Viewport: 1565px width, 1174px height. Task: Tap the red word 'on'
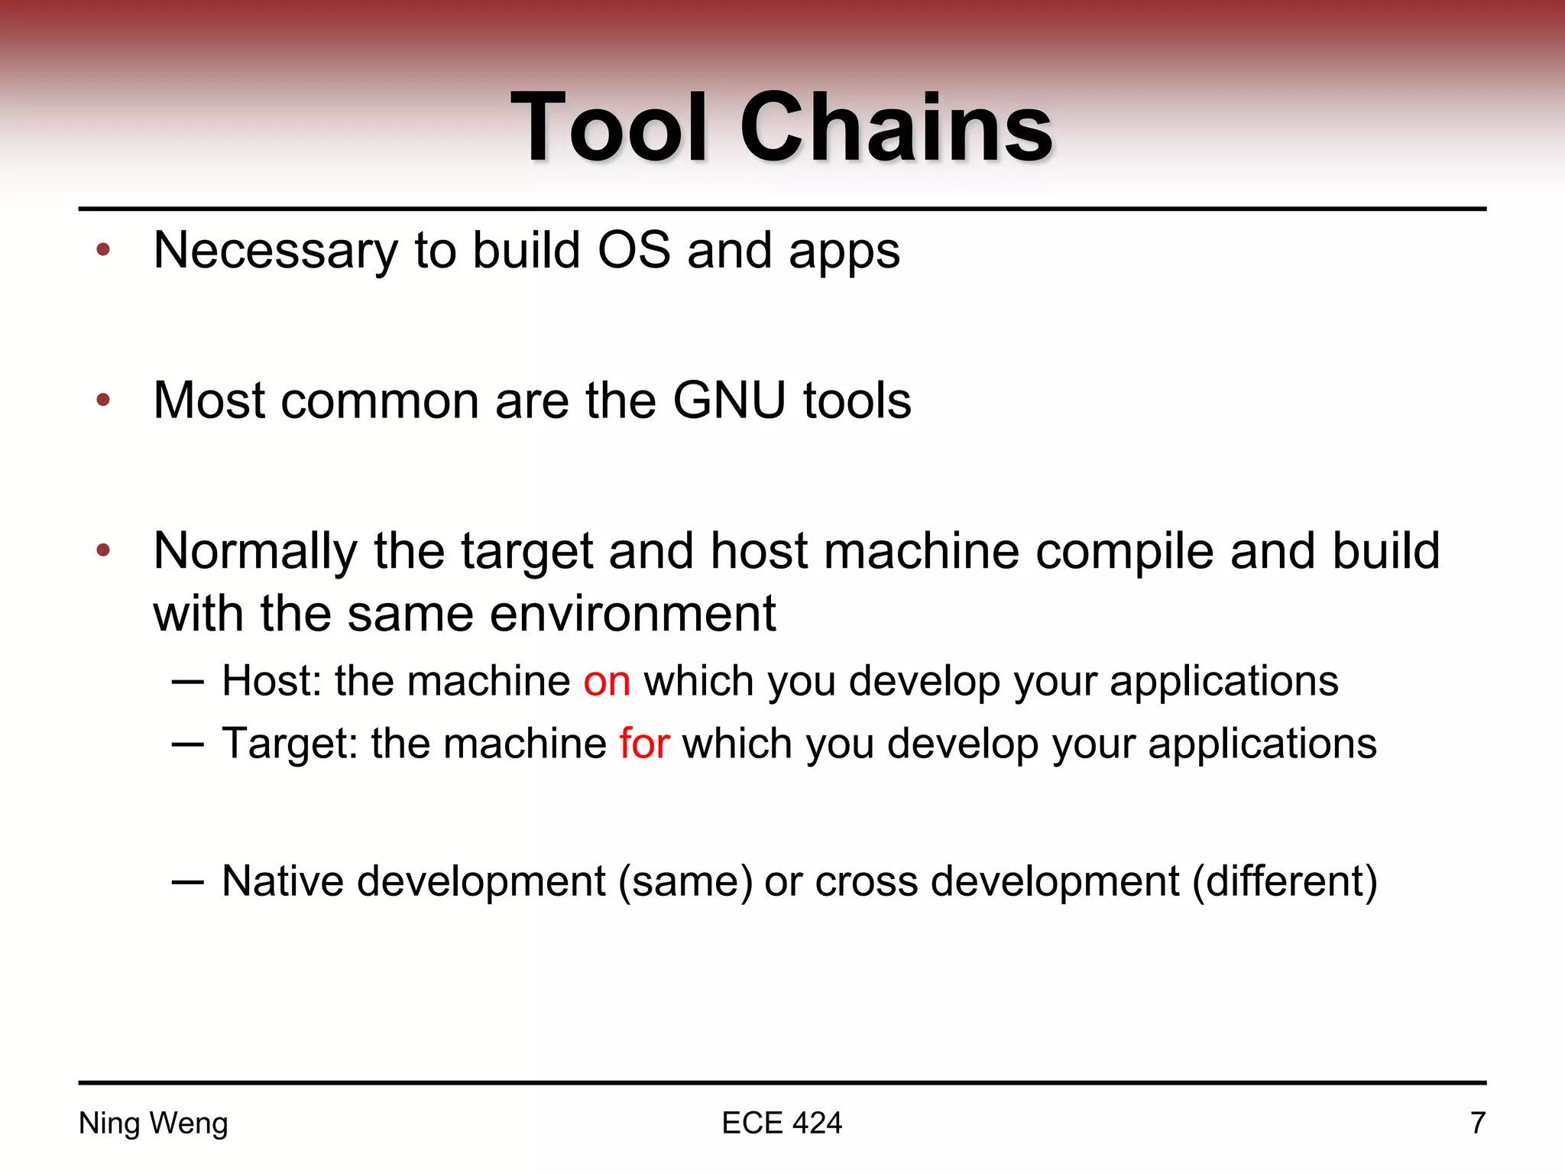pos(607,681)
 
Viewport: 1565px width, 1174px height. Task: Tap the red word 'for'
pos(644,744)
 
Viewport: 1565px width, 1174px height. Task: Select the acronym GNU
pos(729,401)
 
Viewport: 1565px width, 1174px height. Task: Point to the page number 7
pos(1478,1123)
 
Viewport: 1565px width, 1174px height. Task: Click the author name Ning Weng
pos(154,1123)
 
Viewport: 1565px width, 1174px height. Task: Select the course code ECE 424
pos(782,1123)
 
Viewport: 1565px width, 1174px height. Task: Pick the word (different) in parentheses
pos(1285,882)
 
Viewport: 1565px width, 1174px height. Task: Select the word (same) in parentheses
pos(685,882)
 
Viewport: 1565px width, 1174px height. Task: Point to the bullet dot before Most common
pos(104,400)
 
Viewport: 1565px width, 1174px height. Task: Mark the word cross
pos(866,882)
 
